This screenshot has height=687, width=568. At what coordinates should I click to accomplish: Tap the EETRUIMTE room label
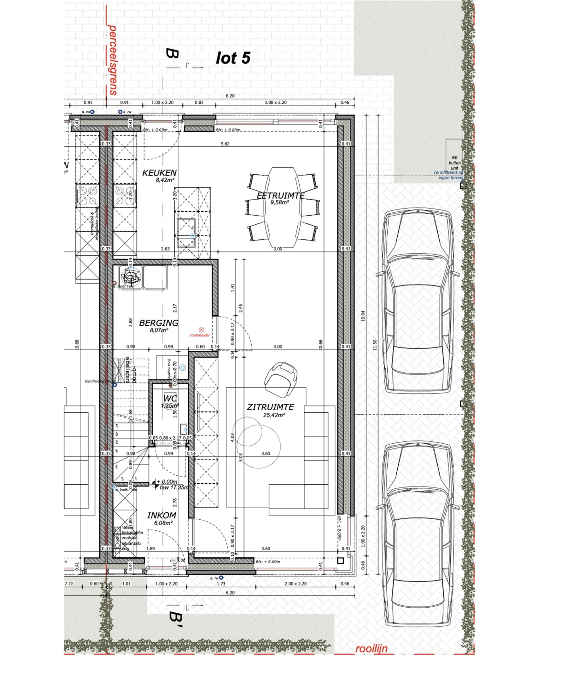click(280, 195)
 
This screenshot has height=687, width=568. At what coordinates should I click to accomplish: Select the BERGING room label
click(159, 323)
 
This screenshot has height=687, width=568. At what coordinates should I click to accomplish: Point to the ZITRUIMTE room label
click(270, 407)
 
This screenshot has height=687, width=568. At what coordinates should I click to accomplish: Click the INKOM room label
click(162, 515)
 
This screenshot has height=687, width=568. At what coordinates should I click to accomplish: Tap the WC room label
click(170, 399)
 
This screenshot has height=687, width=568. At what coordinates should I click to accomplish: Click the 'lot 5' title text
click(233, 58)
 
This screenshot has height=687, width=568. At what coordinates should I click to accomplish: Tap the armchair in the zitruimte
click(282, 378)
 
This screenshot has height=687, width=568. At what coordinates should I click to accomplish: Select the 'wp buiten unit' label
click(454, 163)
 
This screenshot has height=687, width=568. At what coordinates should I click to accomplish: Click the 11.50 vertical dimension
click(375, 345)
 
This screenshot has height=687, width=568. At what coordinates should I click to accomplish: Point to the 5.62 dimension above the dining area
click(225, 144)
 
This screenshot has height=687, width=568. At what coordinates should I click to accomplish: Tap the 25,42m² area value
click(274, 415)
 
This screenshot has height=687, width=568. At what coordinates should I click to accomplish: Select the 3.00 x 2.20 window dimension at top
click(275, 103)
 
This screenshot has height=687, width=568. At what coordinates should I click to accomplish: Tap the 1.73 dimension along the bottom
click(221, 583)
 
